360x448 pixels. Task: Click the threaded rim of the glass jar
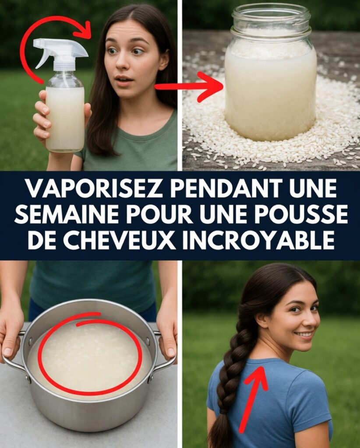point(271,17)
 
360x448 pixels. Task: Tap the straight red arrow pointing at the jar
point(189,87)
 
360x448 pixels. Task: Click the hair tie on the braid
point(223,412)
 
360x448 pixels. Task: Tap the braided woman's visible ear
point(261,318)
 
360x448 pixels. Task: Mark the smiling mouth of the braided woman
point(303,334)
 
